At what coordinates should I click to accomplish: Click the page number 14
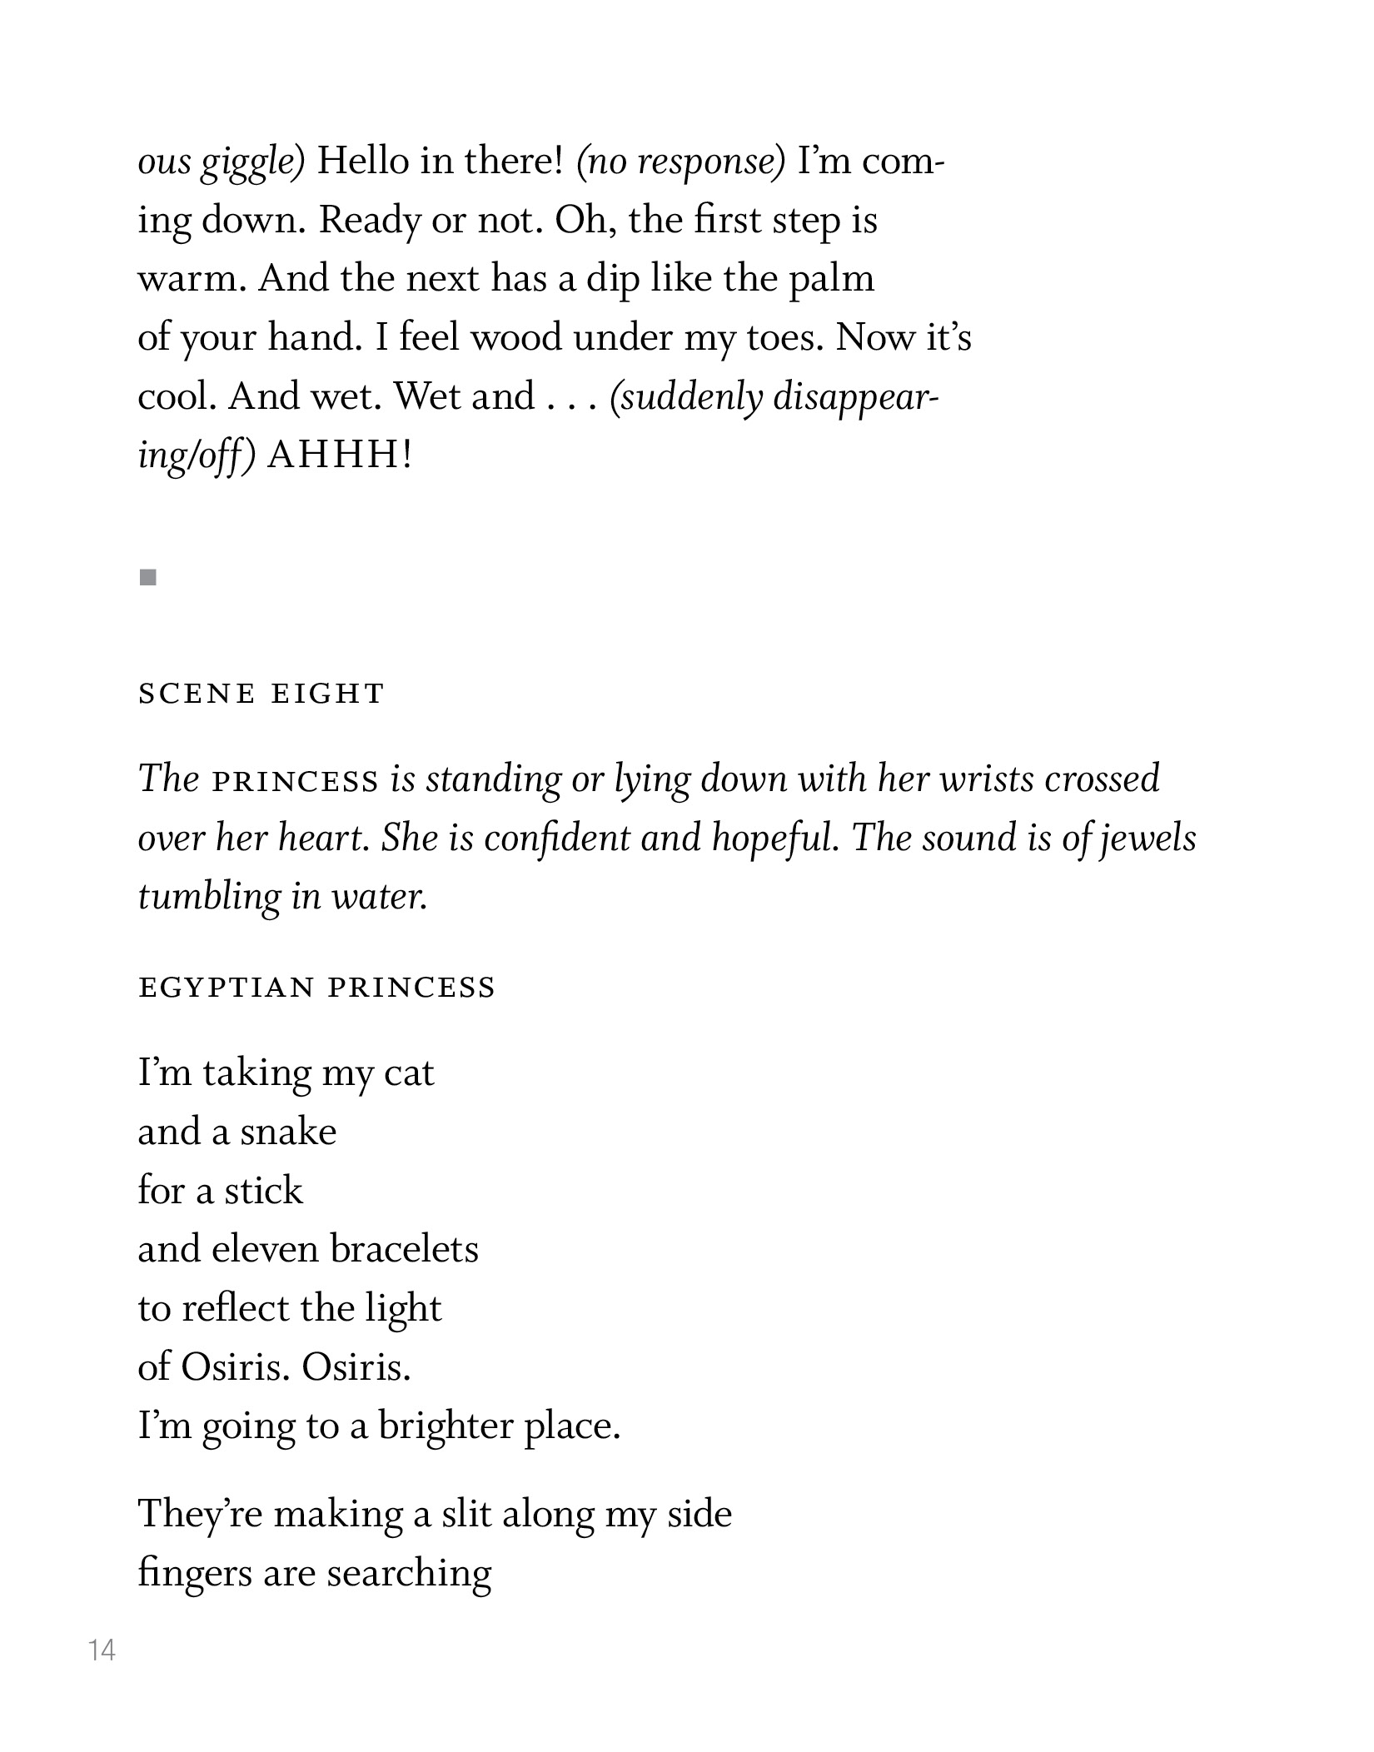102,1650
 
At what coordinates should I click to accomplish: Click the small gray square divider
148,577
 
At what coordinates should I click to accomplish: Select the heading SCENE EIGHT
261,693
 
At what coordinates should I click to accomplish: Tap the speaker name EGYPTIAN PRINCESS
316,988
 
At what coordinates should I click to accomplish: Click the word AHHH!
339,455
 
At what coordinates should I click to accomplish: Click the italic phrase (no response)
680,162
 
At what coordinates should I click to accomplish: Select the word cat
409,1073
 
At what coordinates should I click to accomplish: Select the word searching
409,1574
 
